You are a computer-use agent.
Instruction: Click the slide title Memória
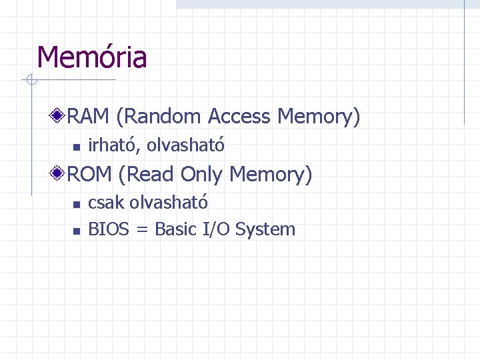pos(91,57)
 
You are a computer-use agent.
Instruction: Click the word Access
pos(240,117)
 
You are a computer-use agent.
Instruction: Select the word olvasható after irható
pos(186,144)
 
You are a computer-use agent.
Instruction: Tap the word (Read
pos(147,175)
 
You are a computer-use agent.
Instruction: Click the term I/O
pos(217,229)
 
